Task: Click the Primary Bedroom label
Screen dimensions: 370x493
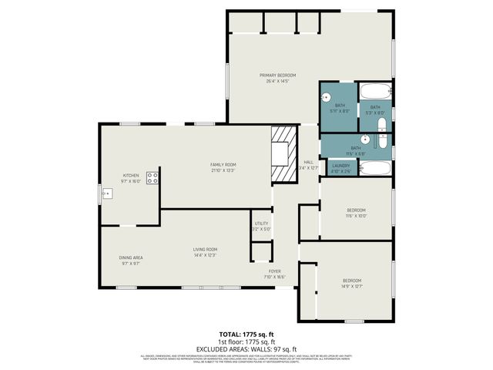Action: [x=277, y=75]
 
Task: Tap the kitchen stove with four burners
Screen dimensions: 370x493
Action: [x=153, y=177]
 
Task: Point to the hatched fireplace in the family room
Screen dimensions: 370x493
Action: [x=283, y=154]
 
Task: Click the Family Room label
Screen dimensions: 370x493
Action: [x=223, y=165]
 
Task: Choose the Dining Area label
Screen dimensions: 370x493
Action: [x=131, y=257]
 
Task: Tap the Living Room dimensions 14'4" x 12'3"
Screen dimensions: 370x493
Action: [x=205, y=255]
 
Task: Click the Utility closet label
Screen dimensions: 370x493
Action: [x=261, y=223]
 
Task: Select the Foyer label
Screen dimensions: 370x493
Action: [x=275, y=271]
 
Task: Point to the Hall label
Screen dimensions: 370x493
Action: [x=307, y=162]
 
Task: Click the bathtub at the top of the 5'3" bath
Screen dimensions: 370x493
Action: [x=375, y=90]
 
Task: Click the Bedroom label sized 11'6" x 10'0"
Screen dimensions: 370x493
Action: [x=356, y=210]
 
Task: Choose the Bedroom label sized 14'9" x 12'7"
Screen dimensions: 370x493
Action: [x=351, y=280]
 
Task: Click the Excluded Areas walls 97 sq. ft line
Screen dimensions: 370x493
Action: [x=246, y=348]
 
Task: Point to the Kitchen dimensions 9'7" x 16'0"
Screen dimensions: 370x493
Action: [x=131, y=181]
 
